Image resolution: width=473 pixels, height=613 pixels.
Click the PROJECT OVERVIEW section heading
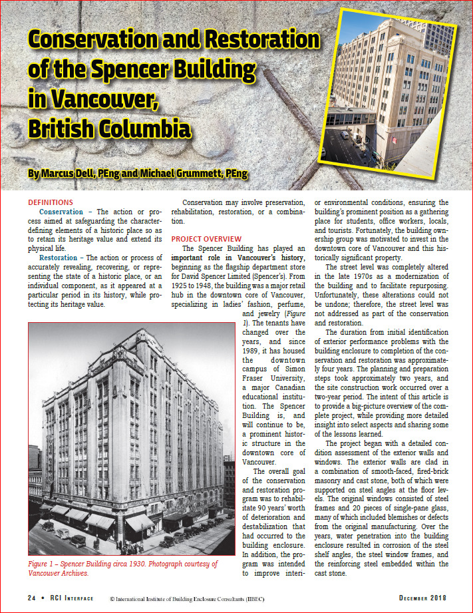point(206,239)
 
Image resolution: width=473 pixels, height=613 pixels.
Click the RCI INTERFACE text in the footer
point(71,595)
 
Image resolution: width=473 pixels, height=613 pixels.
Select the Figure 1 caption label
point(46,564)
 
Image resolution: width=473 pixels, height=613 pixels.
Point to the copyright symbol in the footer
point(113,595)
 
